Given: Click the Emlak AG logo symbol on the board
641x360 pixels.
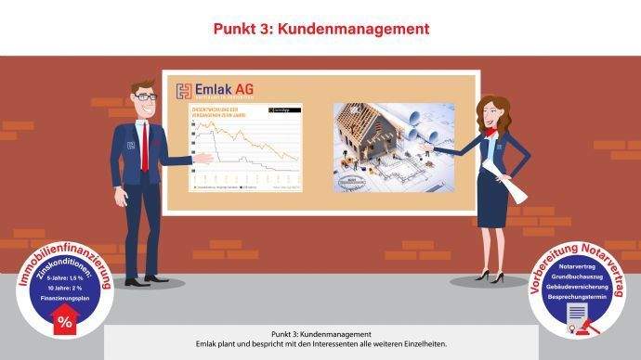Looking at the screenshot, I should [183, 91].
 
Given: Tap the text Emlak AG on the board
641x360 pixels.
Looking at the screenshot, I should [224, 90].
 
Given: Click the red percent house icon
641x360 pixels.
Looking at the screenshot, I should [64, 320].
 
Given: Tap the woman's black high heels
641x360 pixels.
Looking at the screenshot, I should [490, 276].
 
